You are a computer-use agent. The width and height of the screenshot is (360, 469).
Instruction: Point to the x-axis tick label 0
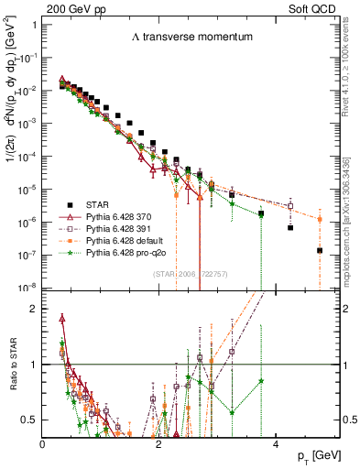(x=43, y=443)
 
